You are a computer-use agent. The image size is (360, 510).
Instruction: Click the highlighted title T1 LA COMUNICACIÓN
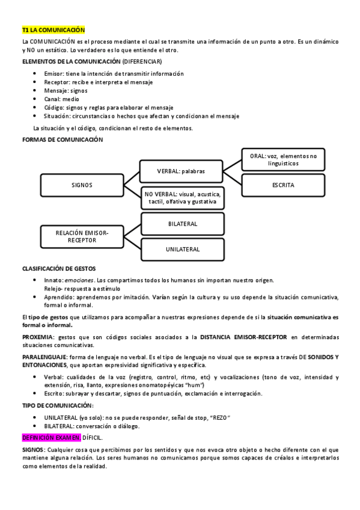[x=53, y=29]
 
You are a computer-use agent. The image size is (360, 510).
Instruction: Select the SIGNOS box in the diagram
[x=81, y=185]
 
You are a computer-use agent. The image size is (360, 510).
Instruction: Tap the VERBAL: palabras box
[x=181, y=171]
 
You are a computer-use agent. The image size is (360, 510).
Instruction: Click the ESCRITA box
[x=283, y=185]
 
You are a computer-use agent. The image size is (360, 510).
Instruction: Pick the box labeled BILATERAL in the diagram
[x=183, y=223]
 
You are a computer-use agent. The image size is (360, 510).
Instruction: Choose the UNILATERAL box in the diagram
[x=183, y=248]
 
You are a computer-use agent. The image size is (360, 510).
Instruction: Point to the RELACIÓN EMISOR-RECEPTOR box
[x=81, y=236]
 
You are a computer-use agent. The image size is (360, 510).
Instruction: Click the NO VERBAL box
[x=183, y=198]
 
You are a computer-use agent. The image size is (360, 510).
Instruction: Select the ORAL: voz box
[x=283, y=159]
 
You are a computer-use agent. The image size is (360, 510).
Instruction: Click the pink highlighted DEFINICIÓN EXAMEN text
[x=51, y=438]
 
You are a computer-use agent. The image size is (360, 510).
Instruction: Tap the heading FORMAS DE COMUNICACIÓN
[x=63, y=140]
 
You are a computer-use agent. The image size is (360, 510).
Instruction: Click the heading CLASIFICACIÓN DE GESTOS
[x=58, y=268]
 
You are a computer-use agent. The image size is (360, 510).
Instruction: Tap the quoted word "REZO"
[x=220, y=418]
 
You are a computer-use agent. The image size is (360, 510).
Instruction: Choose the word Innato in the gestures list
[x=53, y=280]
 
